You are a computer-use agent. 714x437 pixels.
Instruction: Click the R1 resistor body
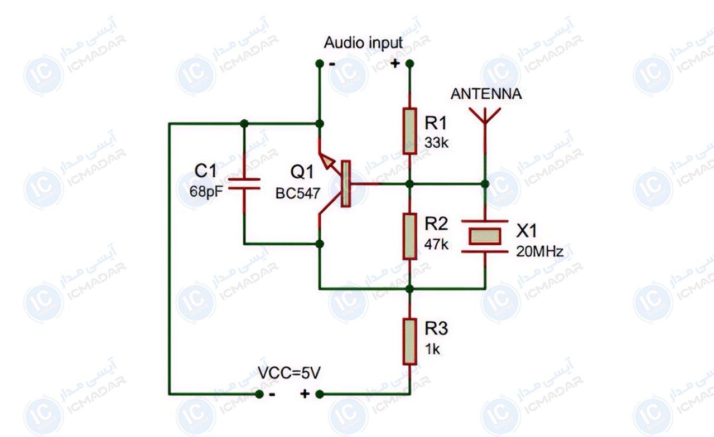[409, 131]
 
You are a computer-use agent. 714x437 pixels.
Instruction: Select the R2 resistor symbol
[409, 236]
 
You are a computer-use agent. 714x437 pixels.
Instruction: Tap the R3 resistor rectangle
[409, 342]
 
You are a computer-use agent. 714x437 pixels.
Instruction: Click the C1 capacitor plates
[244, 184]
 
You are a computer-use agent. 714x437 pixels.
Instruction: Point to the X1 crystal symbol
[485, 236]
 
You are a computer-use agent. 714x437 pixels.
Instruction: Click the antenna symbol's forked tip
[485, 115]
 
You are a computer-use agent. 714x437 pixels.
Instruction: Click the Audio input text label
[363, 43]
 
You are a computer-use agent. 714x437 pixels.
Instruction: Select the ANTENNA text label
[486, 94]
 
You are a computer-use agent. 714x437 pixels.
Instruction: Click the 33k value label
[436, 143]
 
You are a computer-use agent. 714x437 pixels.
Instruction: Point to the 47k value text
[436, 244]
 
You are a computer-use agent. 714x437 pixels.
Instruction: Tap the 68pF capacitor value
[206, 192]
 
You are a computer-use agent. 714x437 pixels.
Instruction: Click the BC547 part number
[298, 193]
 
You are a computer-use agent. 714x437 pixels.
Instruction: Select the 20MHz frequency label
[539, 251]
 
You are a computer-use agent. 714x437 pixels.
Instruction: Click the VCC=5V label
[289, 373]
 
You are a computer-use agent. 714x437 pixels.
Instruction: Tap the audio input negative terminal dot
[320, 64]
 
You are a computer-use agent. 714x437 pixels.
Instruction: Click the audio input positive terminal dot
[409, 64]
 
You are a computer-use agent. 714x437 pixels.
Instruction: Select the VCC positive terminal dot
[320, 394]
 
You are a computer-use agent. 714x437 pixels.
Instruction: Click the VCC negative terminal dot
[259, 394]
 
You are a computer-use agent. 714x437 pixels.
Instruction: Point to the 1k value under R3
[432, 349]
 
